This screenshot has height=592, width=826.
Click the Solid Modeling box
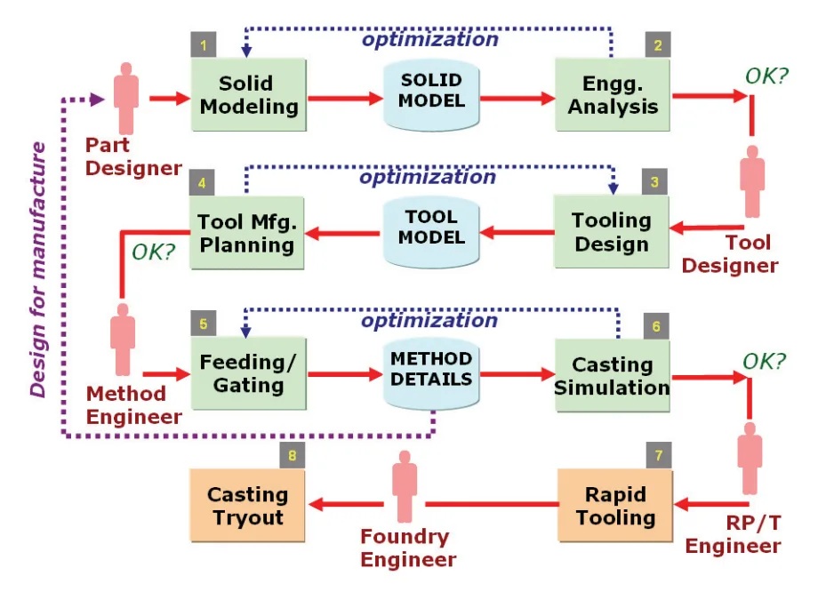click(x=247, y=95)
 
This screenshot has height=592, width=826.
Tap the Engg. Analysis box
click(x=613, y=95)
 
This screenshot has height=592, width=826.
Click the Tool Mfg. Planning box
click(x=247, y=233)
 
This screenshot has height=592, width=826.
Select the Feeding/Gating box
click(x=247, y=374)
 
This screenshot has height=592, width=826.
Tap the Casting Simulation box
click(x=613, y=374)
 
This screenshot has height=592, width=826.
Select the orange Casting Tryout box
click(x=247, y=506)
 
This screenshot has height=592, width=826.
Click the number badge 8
click(x=293, y=457)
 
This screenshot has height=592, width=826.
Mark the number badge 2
click(x=658, y=45)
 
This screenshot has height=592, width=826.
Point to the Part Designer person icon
click(x=126, y=98)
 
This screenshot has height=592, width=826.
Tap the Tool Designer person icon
click(x=753, y=182)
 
